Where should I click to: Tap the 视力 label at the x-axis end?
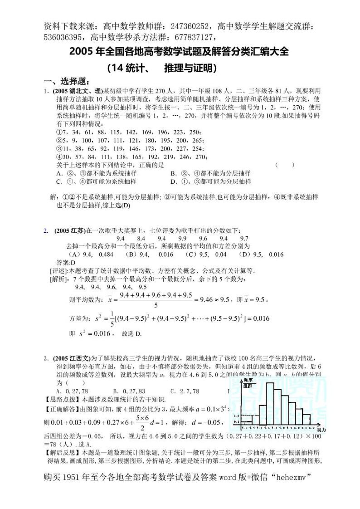pos(321,429)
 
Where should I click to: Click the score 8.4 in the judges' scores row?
pos(141,238)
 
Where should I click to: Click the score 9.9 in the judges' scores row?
pos(182,238)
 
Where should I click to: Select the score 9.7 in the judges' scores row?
pos(244,238)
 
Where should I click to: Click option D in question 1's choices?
pos(211,181)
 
